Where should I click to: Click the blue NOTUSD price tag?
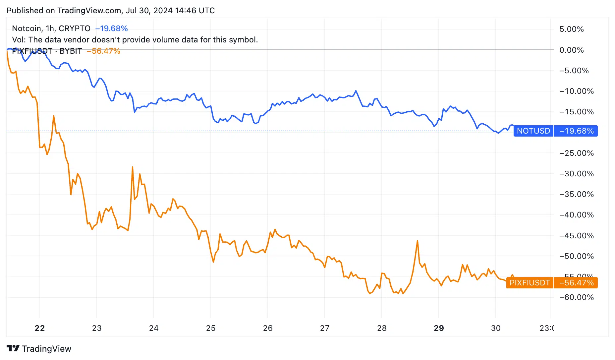pyautogui.click(x=533, y=131)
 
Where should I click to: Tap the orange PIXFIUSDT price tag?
pyautogui.click(x=530, y=283)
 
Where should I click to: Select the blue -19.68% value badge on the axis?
pyautogui.click(x=576, y=131)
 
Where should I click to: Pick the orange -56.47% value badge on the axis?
pyautogui.click(x=576, y=283)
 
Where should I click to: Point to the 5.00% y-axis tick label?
pyautogui.click(x=571, y=29)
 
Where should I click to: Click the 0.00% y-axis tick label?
pyautogui.click(x=571, y=50)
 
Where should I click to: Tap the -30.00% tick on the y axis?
pyautogui.click(x=576, y=174)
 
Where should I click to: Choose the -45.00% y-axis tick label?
pyautogui.click(x=576, y=236)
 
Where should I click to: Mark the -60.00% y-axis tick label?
pyautogui.click(x=576, y=297)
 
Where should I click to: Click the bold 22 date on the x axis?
pyautogui.click(x=40, y=328)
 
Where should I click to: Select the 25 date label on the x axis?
pyautogui.click(x=211, y=328)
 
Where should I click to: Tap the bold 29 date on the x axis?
pyautogui.click(x=439, y=328)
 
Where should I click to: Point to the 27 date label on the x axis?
pyautogui.click(x=325, y=328)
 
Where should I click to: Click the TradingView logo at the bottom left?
pyautogui.click(x=39, y=349)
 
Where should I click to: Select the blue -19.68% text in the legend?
pyautogui.click(x=111, y=29)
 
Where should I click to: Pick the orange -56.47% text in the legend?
pyautogui.click(x=103, y=51)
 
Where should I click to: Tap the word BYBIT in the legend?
pyautogui.click(x=71, y=51)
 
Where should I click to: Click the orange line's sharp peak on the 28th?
pyautogui.click(x=418, y=241)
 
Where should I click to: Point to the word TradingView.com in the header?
pyautogui.click(x=89, y=11)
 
